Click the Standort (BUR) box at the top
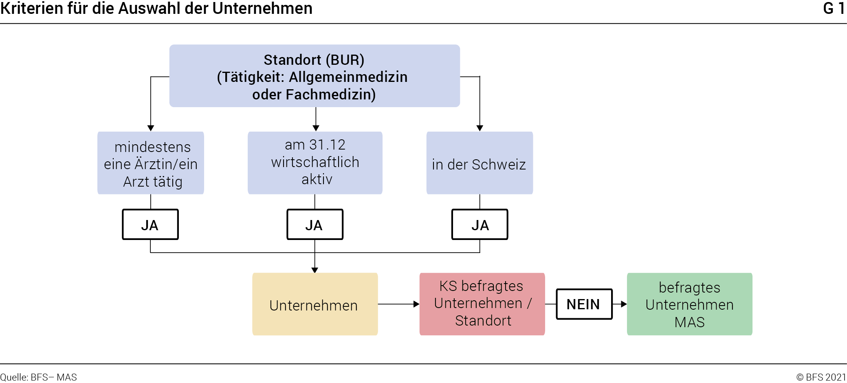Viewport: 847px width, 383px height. pyautogui.click(x=315, y=76)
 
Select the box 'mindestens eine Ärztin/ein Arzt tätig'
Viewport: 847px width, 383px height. pyautogui.click(x=151, y=163)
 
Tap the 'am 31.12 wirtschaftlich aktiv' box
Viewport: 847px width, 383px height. pyautogui.click(x=315, y=163)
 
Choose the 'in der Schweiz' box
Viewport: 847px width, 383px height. pyautogui.click(x=480, y=163)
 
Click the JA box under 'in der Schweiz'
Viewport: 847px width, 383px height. pyautogui.click(x=480, y=225)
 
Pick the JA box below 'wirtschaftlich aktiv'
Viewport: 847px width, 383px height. pyautogui.click(x=315, y=225)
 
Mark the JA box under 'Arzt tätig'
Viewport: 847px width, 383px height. pyautogui.click(x=150, y=225)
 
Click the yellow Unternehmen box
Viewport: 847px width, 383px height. pyautogui.click(x=315, y=304)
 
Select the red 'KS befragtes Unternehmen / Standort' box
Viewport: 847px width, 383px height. pyautogui.click(x=482, y=304)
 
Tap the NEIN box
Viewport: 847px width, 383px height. pyautogui.click(x=584, y=304)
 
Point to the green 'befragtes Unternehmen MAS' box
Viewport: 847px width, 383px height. pyautogui.click(x=690, y=304)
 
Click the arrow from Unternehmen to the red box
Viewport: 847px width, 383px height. pyautogui.click(x=399, y=304)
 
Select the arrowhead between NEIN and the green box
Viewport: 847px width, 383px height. pyautogui.click(x=624, y=304)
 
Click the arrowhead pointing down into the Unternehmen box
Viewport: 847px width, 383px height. pyautogui.click(x=315, y=270)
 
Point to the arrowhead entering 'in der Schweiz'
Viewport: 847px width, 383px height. pyautogui.click(x=480, y=128)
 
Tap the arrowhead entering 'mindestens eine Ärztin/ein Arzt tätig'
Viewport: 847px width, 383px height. pyautogui.click(x=151, y=128)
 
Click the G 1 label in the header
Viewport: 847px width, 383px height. pyautogui.click(x=834, y=9)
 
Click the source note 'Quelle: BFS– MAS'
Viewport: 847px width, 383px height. pyautogui.click(x=38, y=377)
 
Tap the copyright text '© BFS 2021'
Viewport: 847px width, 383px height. pyautogui.click(x=821, y=377)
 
